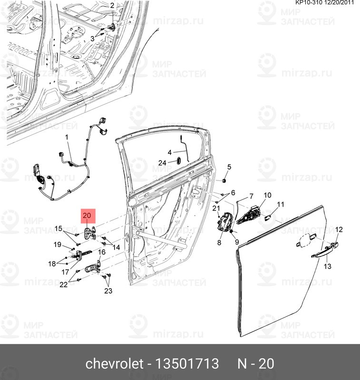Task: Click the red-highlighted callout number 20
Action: (87, 216)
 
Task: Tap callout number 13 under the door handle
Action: (328, 266)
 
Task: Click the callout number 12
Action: (339, 229)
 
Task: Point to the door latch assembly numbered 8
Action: (224, 222)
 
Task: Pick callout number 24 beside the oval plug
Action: (162, 163)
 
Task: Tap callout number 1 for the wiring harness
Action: (67, 137)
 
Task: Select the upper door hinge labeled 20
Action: (90, 233)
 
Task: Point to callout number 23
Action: (108, 291)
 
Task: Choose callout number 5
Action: (229, 167)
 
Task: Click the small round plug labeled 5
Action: (224, 180)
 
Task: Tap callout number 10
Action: (267, 195)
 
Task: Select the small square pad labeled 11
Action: (268, 218)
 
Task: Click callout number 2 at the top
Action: (112, 6)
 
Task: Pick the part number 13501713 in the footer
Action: (186, 363)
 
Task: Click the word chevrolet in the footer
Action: (115, 363)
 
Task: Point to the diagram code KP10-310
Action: (309, 3)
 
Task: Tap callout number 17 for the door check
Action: (65, 272)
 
